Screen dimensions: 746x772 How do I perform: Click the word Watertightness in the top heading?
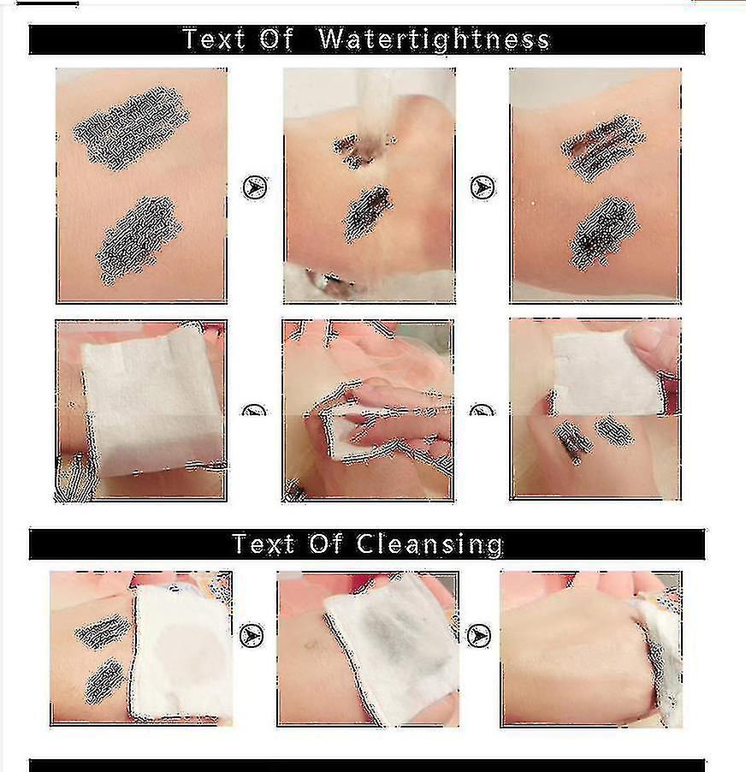434,39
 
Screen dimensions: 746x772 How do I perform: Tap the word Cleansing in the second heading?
429,544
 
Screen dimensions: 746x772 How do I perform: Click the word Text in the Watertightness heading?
214,39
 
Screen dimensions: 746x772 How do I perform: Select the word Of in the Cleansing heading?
326,543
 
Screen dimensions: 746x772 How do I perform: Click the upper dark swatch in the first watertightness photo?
132,128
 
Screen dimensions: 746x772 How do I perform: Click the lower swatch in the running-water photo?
367,213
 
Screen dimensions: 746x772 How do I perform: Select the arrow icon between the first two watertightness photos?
255,187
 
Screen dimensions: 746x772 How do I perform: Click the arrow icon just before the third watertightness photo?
483,187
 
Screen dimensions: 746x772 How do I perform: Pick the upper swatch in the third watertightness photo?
602,147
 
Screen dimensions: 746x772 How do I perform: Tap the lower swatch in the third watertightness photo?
603,233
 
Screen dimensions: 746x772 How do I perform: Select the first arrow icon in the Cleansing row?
252,636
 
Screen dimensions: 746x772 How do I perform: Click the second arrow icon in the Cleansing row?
479,636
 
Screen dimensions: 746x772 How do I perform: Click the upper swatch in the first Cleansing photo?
101,631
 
